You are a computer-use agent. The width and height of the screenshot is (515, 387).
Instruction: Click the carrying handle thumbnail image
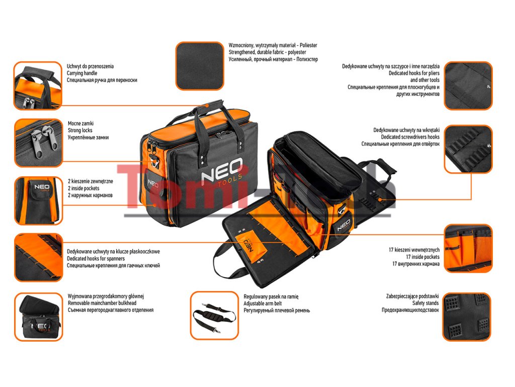(38, 86)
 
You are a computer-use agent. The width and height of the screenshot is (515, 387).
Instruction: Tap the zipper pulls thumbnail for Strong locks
(38, 143)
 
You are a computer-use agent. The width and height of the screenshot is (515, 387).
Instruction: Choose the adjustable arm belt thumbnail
(214, 315)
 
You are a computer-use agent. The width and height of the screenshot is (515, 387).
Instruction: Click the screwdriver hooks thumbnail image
(468, 149)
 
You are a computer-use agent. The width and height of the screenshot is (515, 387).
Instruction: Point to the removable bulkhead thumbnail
(38, 317)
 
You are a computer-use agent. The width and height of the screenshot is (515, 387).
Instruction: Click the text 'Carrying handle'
(82, 73)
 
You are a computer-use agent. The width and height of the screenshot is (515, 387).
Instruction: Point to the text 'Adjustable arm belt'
(263, 304)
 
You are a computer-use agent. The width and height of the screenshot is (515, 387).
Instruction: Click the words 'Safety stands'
(425, 303)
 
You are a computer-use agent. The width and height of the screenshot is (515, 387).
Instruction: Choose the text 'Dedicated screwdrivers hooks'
(410, 137)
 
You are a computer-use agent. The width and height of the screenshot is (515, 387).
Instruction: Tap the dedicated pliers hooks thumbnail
(468, 86)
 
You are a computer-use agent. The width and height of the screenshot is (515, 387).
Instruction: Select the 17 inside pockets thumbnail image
(468, 248)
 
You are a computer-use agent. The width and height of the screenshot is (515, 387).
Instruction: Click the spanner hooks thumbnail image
(38, 257)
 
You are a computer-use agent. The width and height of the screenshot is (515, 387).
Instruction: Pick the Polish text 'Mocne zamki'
(80, 123)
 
